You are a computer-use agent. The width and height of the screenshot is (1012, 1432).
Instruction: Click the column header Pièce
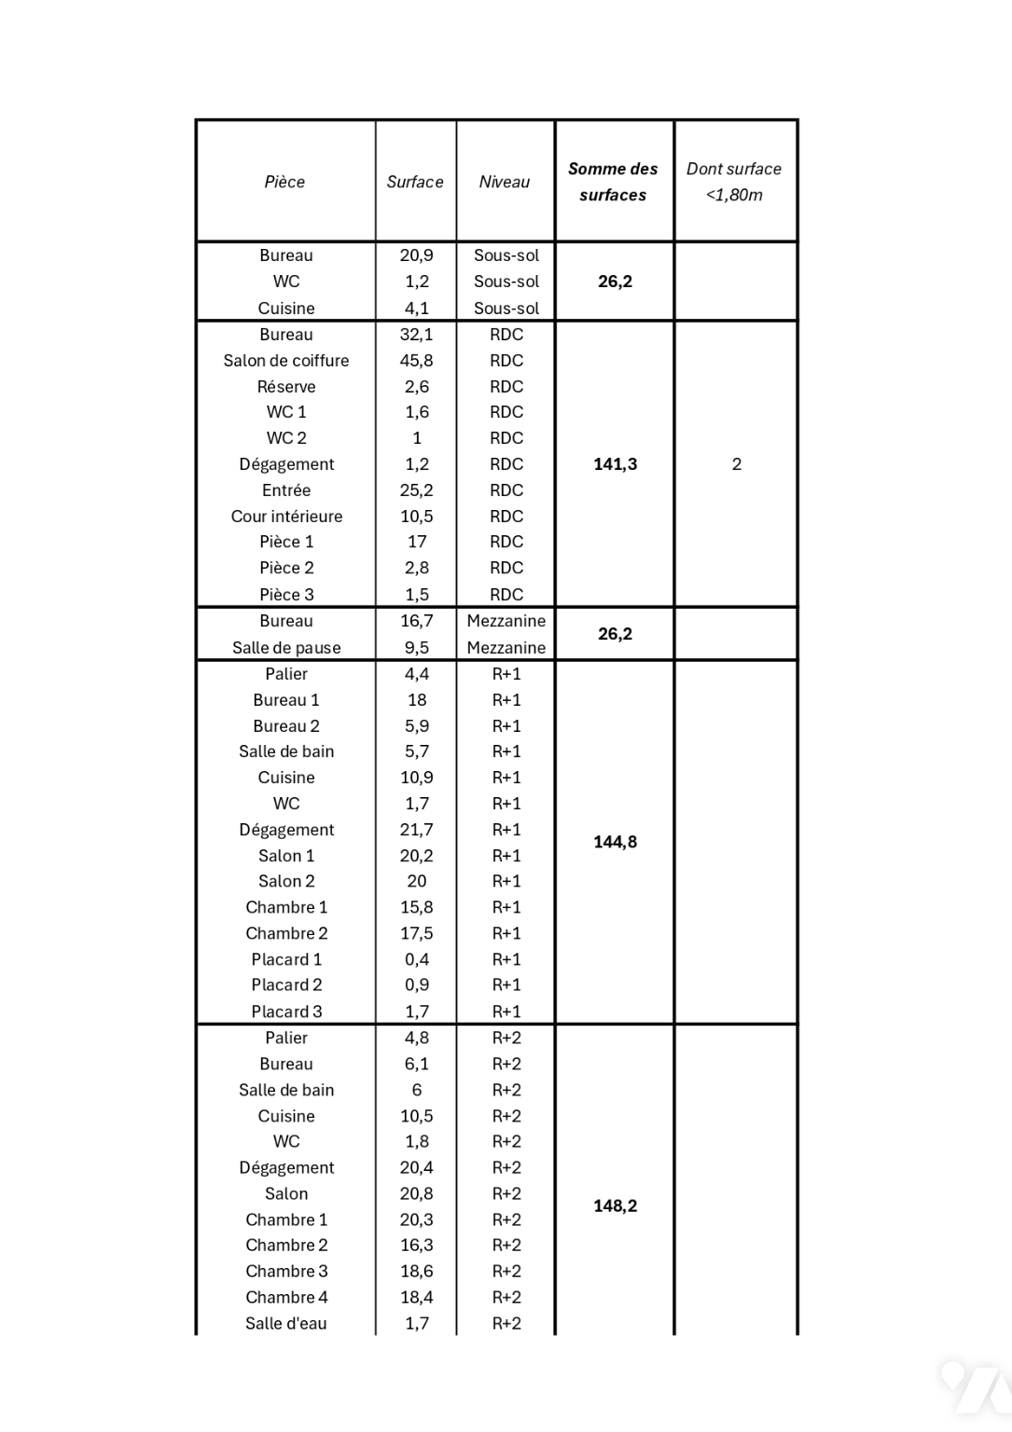(x=284, y=182)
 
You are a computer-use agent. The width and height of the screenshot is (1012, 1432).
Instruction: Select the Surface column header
(x=415, y=182)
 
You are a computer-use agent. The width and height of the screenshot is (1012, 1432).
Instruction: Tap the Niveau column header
(x=505, y=182)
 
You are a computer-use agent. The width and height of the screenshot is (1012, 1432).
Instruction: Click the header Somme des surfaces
(x=613, y=182)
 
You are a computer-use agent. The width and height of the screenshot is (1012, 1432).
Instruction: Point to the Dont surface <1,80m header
(x=734, y=182)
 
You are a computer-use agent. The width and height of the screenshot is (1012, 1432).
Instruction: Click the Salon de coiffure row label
(x=286, y=361)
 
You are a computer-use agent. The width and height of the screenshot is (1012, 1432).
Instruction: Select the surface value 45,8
(x=416, y=361)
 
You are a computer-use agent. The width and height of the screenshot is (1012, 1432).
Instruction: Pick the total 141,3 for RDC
(x=616, y=464)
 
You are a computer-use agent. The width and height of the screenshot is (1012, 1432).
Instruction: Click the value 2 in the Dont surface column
(x=737, y=464)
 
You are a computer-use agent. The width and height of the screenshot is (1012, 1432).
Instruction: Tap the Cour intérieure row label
(x=286, y=516)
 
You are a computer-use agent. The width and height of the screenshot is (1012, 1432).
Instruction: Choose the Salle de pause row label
(x=286, y=648)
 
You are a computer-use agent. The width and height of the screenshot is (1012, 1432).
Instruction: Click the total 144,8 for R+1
(x=616, y=842)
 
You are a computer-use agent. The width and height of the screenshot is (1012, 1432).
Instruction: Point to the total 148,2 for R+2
(x=616, y=1205)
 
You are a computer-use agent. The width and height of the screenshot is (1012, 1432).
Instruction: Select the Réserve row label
(x=286, y=387)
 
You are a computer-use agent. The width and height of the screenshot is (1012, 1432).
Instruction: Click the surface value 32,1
(x=416, y=335)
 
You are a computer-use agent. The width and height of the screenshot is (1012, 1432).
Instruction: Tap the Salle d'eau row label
(x=286, y=1323)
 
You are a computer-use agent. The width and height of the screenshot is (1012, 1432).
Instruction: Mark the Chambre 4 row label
(x=286, y=1297)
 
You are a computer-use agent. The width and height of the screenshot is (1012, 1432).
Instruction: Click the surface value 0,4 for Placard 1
(x=416, y=959)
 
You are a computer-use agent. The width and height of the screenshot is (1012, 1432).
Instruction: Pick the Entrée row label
(x=286, y=490)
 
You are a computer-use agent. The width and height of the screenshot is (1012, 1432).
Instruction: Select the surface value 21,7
(x=416, y=830)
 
